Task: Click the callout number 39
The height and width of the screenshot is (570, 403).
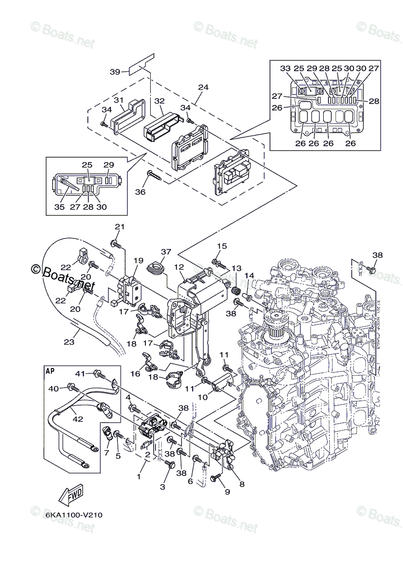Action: coord(115,72)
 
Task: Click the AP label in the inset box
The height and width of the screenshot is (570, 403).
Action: coord(50,371)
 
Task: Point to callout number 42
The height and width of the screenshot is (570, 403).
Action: coord(78,418)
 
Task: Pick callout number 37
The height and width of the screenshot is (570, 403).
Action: coord(166,252)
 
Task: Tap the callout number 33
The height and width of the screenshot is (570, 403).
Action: coord(286,68)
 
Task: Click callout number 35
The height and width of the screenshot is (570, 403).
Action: coord(59,207)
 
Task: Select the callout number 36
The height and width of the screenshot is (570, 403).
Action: coord(140,191)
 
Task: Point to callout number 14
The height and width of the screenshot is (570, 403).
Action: coord(249,275)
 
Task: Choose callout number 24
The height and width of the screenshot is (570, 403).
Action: coord(203,87)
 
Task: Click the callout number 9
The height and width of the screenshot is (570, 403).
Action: coord(227,492)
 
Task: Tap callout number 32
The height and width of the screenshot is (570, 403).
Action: coord(160,101)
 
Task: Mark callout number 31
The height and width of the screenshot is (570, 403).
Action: coord(118,100)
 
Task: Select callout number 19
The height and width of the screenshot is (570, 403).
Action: coord(139,261)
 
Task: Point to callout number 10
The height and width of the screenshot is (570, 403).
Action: coord(203,397)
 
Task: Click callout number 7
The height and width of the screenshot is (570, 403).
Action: coord(106,453)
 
